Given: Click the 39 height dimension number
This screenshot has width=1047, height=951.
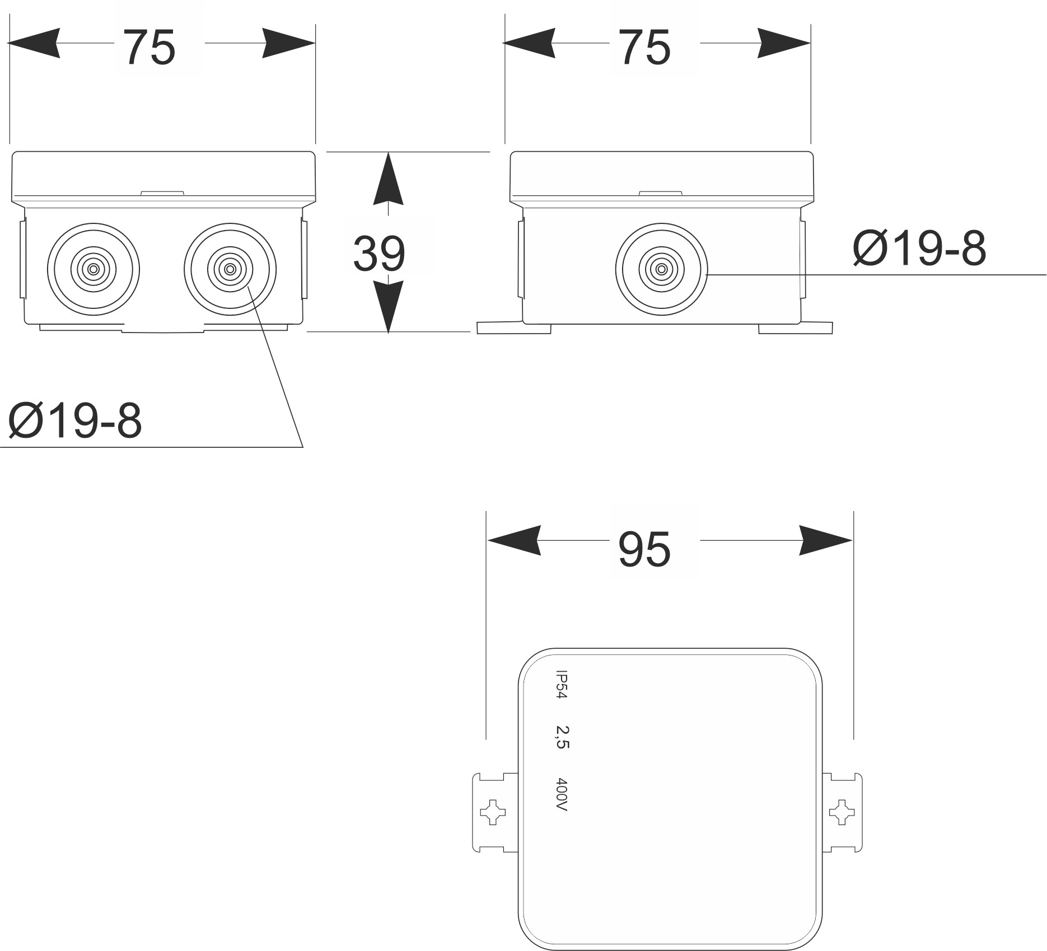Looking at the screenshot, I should pos(379,254).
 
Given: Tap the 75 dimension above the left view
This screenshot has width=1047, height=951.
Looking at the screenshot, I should pos(149,48).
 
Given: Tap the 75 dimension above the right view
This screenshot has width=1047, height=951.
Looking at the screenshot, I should pos(644,48).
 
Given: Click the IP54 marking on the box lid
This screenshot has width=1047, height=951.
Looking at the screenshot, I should pos(561,684).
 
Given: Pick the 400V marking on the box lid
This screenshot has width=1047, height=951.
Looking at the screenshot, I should pos(562,794).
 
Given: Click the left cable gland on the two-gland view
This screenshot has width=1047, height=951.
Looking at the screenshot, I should pos(94,269).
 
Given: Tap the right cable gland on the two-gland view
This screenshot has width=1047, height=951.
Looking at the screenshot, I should pos(230,269).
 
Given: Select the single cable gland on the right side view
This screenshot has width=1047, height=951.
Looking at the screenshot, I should pos(661,269).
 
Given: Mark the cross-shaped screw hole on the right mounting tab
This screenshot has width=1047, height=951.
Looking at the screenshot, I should pos(842,812).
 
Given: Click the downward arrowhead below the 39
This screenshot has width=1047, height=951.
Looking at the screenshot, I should pos(388,305).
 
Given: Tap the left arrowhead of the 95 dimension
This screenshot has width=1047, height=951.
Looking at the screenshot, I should pos(514,541).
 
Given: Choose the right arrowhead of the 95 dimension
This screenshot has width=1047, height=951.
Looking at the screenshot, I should pos(825,541).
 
